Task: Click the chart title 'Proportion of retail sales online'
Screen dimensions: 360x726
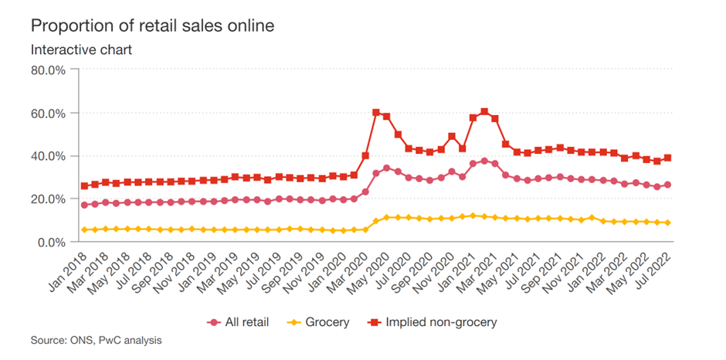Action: click(x=152, y=26)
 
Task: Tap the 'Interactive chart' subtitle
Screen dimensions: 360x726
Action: click(x=81, y=50)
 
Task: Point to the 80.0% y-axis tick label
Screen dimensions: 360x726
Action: click(x=49, y=70)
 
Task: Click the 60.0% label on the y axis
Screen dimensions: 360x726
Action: click(x=49, y=114)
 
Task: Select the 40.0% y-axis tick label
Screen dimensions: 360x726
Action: click(x=49, y=156)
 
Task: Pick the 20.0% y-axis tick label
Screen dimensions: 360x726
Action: click(x=49, y=199)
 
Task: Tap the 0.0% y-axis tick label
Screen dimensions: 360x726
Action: click(x=52, y=242)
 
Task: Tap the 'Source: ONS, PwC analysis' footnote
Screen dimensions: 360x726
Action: click(x=97, y=340)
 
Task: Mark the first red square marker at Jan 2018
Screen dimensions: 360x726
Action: click(x=84, y=186)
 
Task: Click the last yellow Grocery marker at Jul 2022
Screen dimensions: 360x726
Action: click(x=668, y=222)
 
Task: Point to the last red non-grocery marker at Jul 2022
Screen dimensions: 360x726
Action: click(x=668, y=158)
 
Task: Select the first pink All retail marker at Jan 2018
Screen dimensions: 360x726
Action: click(x=84, y=205)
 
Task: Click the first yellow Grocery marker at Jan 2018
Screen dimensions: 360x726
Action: click(x=84, y=229)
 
